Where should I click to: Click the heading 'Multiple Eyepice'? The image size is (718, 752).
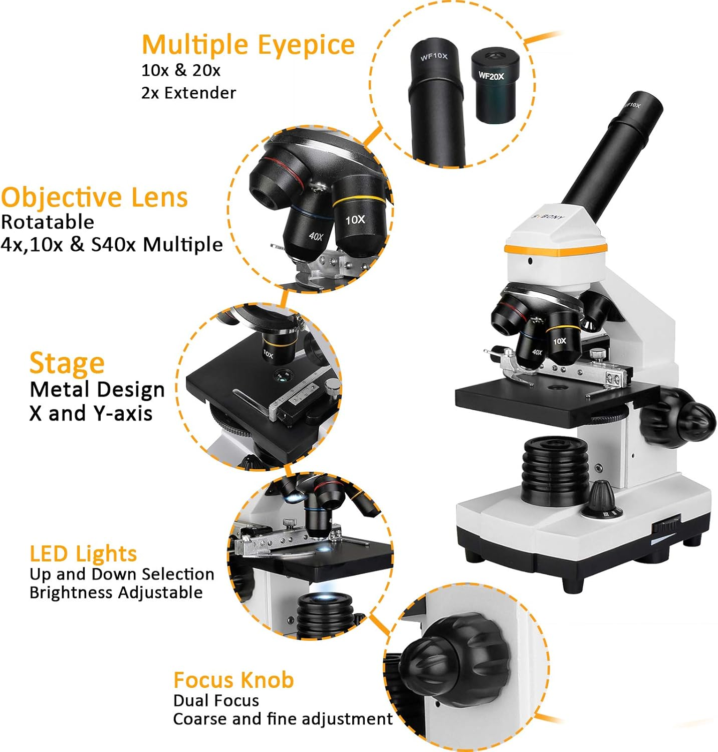point(248,45)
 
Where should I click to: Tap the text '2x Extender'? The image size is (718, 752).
point(188,93)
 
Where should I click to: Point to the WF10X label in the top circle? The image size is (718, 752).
point(434,57)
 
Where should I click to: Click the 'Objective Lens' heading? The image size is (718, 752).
point(94,197)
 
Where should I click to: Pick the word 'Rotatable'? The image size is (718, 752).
point(48,222)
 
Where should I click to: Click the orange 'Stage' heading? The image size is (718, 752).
point(67,363)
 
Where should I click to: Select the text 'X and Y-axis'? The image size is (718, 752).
point(91,413)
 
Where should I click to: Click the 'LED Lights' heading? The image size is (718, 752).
point(83,553)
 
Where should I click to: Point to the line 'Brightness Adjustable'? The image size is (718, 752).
point(116,592)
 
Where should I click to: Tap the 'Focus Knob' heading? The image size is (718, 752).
point(233,680)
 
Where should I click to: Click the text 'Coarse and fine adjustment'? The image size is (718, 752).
point(283,718)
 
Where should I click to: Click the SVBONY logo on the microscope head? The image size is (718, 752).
point(548,217)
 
